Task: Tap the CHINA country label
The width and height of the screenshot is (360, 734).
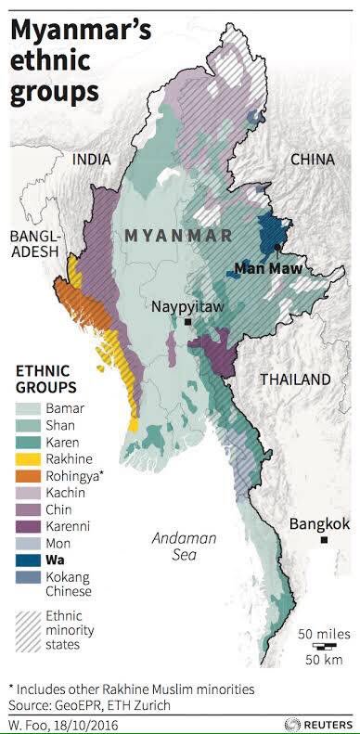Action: coord(312,160)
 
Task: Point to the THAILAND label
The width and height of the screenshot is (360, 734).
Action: coord(294,380)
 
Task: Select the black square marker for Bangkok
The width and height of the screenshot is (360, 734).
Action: coord(324,540)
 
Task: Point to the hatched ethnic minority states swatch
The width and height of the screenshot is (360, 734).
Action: coord(29,625)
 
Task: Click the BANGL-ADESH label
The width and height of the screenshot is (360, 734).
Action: coord(33,244)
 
